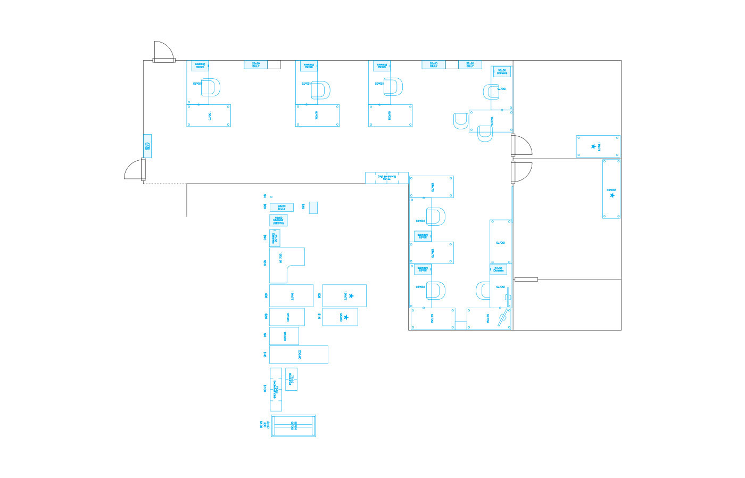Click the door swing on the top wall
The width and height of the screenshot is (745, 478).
click(163, 51)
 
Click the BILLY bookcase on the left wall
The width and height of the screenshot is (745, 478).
click(147, 146)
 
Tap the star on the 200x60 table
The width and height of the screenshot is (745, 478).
click(612, 195)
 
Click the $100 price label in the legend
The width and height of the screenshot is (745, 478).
click(264, 389)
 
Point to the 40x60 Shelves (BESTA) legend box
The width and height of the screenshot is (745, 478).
click(278, 220)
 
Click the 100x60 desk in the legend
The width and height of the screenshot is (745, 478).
click(284, 336)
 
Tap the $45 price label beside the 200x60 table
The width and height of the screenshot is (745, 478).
click(264, 354)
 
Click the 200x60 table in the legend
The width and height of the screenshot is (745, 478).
click(299, 354)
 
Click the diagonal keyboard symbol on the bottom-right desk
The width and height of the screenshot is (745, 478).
click(502, 319)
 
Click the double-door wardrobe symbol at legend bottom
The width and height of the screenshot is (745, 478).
click(293, 426)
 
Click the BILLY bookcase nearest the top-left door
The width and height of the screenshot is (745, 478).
click(256, 64)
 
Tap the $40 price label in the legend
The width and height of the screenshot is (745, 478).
click(303, 206)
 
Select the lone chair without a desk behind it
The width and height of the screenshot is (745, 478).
click(461, 121)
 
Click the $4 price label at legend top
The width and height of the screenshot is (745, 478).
click(264, 196)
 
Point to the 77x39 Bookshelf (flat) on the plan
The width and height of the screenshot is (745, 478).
click(387, 178)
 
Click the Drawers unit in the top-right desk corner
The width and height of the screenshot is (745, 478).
click(502, 71)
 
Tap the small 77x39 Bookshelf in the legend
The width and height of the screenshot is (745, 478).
click(291, 379)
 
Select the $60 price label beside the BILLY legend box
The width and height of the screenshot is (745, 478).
click(264, 207)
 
